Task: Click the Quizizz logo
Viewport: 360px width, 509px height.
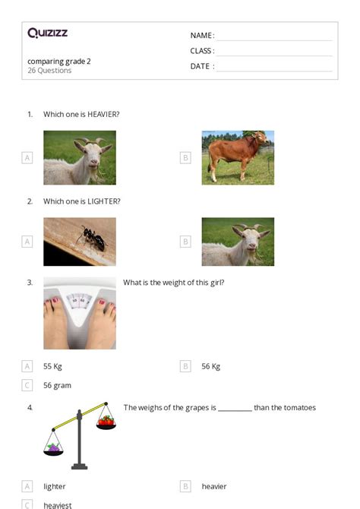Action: [47, 33]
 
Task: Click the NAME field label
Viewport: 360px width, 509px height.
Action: [201, 36]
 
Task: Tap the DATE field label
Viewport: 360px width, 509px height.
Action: [201, 66]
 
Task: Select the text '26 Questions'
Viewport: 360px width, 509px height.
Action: [49, 71]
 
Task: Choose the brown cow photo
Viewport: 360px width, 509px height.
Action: [238, 157]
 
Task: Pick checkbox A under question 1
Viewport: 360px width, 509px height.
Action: [27, 158]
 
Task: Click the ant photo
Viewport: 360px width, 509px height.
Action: [80, 242]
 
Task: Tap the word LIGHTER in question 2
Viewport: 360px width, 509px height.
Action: [103, 201]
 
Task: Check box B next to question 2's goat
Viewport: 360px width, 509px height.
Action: [185, 242]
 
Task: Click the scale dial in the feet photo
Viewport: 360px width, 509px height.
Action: [79, 302]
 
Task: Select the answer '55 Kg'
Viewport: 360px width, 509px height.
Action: [52, 366]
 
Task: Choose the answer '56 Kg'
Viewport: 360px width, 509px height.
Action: [210, 366]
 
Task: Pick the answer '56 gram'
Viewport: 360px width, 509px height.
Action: [57, 385]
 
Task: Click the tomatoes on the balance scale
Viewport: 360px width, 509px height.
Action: [107, 420]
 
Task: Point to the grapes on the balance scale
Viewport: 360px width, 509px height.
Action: [54, 448]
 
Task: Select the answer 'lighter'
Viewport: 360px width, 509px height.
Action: [55, 486]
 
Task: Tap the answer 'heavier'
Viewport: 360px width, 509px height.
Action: [213, 486]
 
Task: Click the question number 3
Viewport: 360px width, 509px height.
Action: [30, 283]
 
